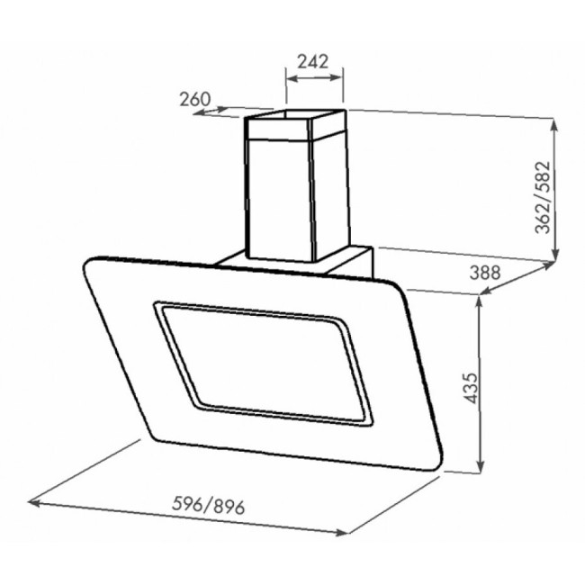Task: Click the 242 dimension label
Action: point(312,61)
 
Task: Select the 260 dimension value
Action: point(195,99)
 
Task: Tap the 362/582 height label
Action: point(543,197)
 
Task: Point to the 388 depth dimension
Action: point(484,273)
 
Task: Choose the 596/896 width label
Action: point(208,507)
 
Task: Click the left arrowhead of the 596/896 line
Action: point(33,503)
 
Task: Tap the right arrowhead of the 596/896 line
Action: point(342,533)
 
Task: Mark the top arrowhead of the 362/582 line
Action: point(554,124)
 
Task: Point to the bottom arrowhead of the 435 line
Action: point(481,466)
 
